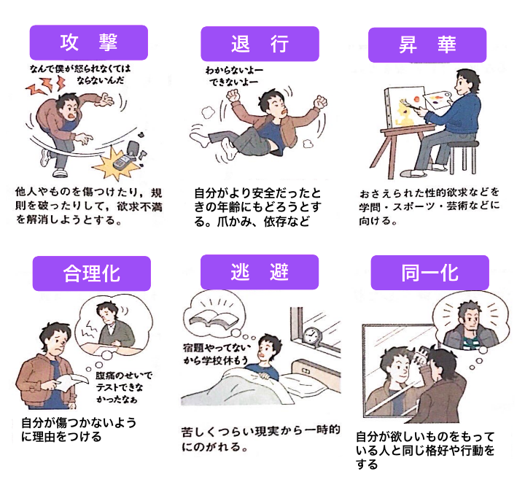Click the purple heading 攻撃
(x=89, y=42)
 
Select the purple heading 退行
(x=260, y=44)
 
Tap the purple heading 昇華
(x=427, y=45)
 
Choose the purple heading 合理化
(x=92, y=273)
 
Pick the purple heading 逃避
(x=260, y=272)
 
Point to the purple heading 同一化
(x=430, y=273)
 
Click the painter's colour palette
(x=437, y=98)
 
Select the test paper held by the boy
(x=73, y=382)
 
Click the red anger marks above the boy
(x=46, y=85)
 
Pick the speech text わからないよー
(x=234, y=70)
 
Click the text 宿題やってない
(x=217, y=347)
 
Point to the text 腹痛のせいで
(x=124, y=376)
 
